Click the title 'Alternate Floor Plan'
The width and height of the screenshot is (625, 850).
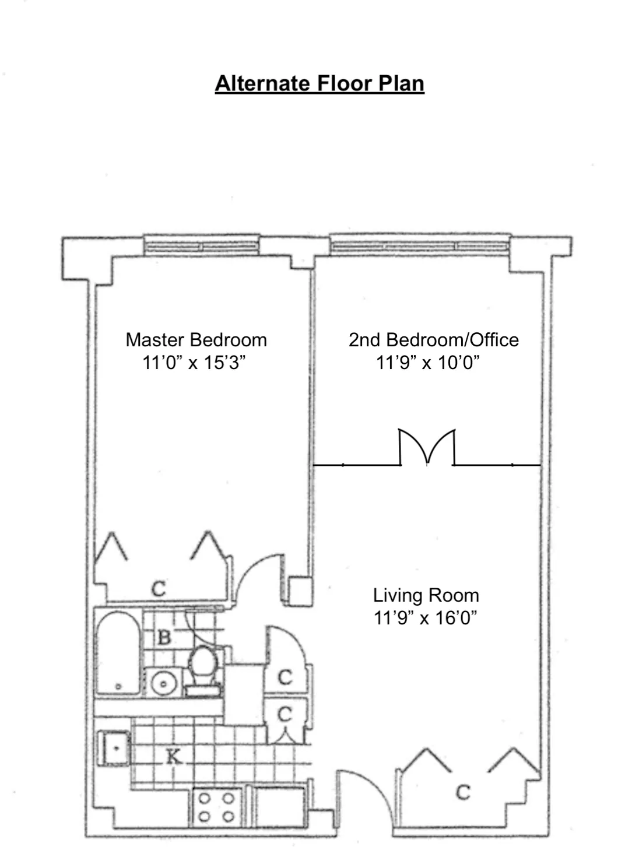(x=319, y=83)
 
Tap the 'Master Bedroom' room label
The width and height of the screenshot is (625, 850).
(x=196, y=340)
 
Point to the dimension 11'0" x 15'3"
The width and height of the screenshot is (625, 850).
(x=194, y=363)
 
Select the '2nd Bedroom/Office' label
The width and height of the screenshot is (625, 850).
(x=433, y=340)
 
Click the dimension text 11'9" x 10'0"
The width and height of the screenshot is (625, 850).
(x=427, y=363)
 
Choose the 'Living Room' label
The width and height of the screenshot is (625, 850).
(x=426, y=595)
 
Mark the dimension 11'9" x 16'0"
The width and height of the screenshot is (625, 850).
(x=426, y=617)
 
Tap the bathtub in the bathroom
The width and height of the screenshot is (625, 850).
(x=118, y=652)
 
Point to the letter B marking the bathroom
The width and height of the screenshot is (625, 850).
(x=164, y=637)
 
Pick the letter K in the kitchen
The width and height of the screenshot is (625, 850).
(x=173, y=757)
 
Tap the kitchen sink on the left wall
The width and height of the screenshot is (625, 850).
(x=114, y=747)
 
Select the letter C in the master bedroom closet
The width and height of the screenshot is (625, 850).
(x=159, y=589)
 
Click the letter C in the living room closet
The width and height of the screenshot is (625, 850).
(x=462, y=792)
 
